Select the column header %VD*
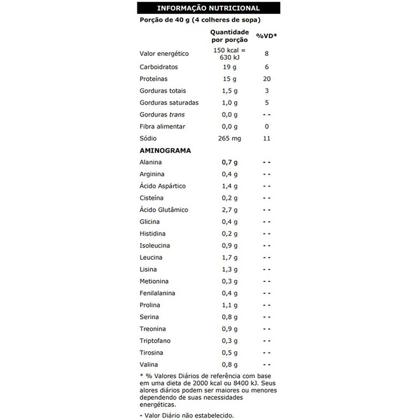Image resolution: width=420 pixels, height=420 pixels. pos(267,36)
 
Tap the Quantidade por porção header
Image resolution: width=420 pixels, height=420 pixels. pos(230,36)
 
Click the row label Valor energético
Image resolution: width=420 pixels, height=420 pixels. pos(164,54)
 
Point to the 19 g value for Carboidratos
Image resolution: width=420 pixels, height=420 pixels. pos(230,67)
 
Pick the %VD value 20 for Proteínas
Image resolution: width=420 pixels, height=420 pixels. pos(267,79)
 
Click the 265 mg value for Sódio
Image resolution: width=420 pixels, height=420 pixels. pos(230,138)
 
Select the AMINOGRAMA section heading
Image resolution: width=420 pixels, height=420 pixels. pos(165,150)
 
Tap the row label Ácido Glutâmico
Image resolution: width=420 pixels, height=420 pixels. pos(164,210)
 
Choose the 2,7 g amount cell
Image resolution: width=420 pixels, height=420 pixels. pos(230,210)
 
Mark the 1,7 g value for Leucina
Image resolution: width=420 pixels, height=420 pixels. pos(230,258)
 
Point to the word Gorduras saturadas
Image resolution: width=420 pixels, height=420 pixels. pos(169,102)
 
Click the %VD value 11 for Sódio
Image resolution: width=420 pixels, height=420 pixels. pos(267,138)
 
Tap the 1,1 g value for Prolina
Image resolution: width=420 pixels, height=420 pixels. pos(230,305)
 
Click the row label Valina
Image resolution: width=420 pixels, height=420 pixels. pos(149,365)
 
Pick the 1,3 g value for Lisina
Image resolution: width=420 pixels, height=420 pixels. pos(230,270)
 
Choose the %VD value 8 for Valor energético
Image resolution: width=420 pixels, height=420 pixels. pos(267,54)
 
